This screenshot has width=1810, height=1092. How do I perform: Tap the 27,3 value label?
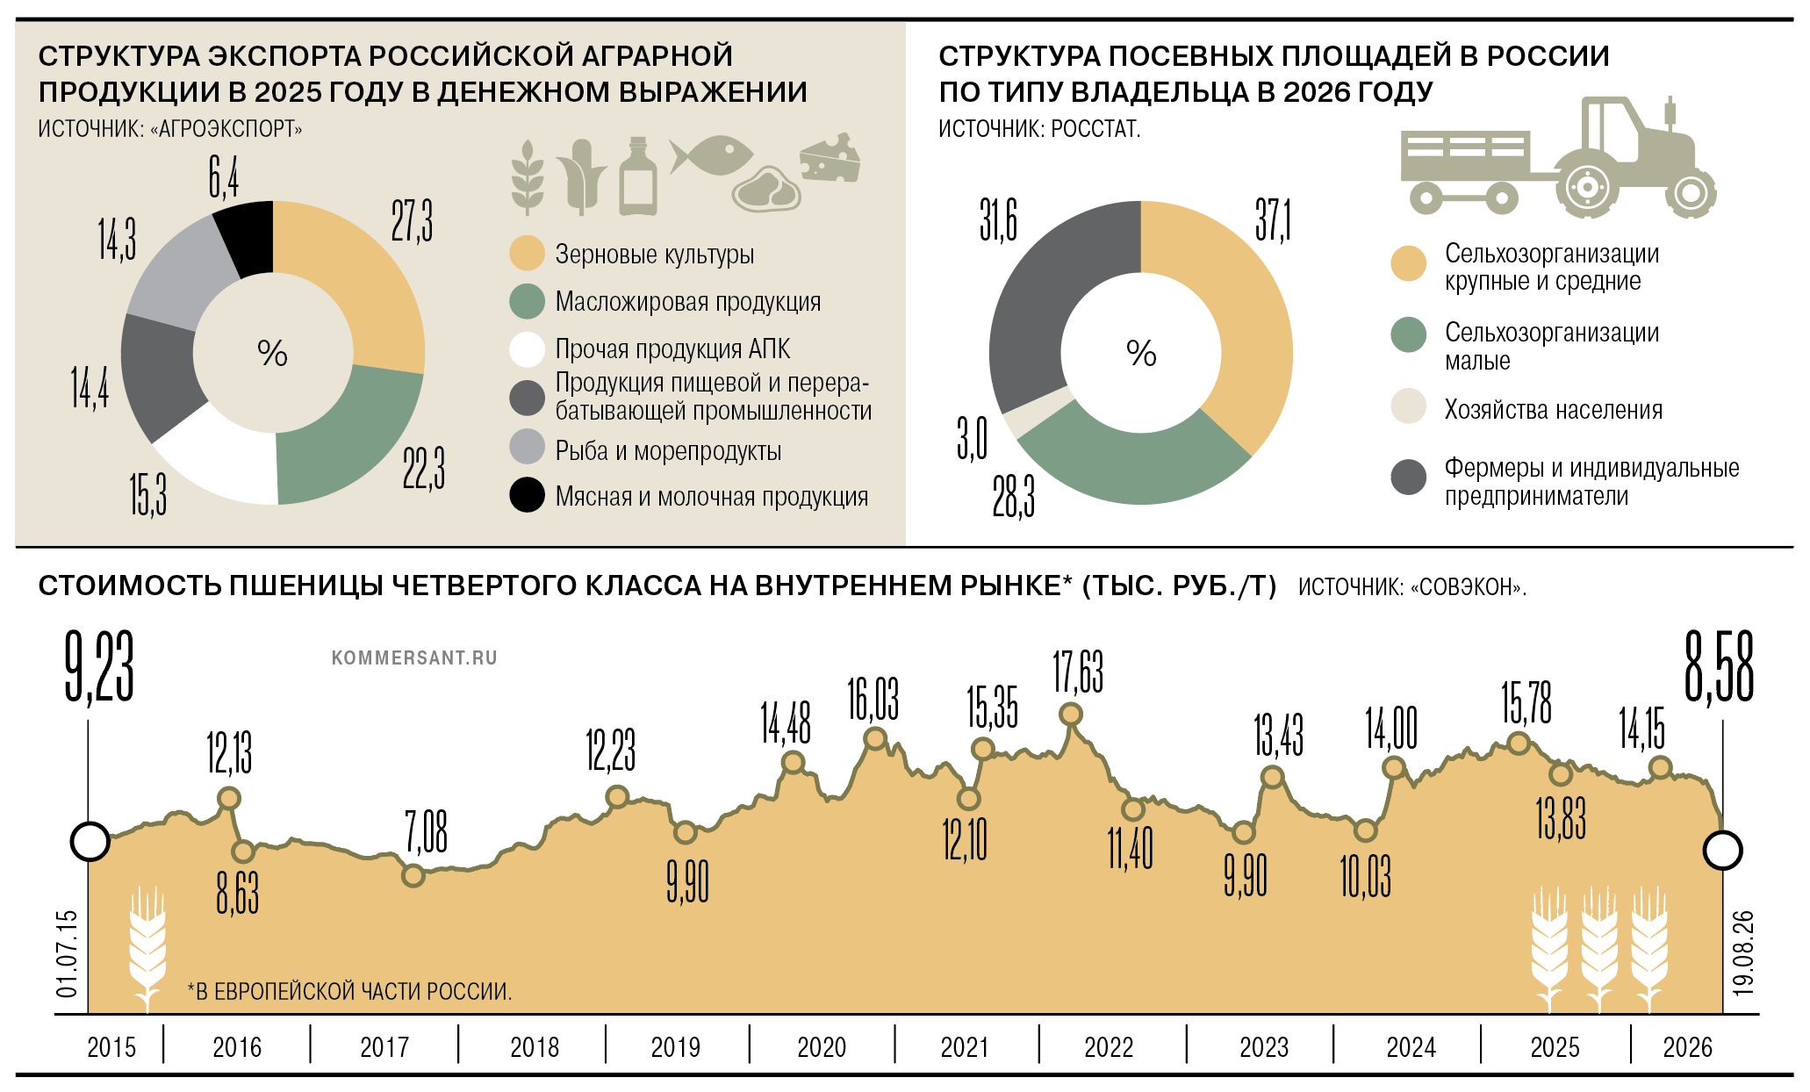click(412, 220)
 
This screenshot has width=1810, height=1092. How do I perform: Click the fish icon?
click(711, 155)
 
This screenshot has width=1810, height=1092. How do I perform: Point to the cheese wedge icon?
click(830, 157)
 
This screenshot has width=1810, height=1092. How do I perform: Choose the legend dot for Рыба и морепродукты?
click(528, 447)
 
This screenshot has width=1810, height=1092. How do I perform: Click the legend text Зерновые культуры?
click(655, 255)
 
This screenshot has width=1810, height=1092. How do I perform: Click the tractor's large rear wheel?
click(1587, 186)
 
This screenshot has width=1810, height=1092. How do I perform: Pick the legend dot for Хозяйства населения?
click(1409, 406)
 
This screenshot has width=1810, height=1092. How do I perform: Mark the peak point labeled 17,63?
click(1071, 715)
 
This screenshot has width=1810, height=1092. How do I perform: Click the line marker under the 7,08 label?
click(413, 875)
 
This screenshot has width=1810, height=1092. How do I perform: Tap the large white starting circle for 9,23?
click(90, 842)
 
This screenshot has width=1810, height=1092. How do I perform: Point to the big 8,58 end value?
click(1719, 667)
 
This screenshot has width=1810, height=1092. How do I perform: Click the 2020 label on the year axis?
click(822, 1047)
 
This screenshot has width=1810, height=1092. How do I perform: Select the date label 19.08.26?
click(1743, 952)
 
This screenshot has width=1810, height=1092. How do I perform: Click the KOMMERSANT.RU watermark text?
click(414, 657)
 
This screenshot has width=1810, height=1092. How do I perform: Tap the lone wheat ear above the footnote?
click(147, 949)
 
